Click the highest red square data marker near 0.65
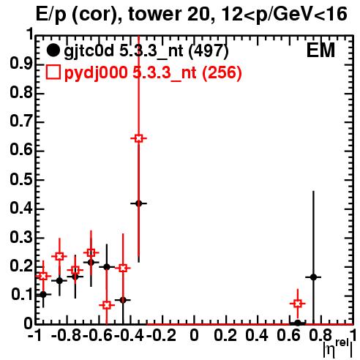tap(138, 138)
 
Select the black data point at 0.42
tap(138, 203)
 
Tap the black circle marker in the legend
tap(53, 50)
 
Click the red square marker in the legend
tap(53, 72)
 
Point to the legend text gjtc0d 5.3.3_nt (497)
tap(146, 51)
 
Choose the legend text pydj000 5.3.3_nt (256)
tap(153, 72)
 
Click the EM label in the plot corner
tap(320, 50)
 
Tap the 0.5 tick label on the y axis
tap(21, 180)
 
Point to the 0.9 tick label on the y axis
tap(21, 65)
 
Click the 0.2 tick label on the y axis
tap(21, 266)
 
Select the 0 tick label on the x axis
tap(194, 336)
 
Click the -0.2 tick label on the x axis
tap(161, 336)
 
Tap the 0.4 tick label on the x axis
tap(257, 336)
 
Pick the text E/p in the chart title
tap(51, 15)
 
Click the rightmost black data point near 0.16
tap(313, 277)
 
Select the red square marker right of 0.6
tap(298, 304)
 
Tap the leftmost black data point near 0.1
tap(43, 294)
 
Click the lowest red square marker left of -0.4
tap(107, 305)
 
